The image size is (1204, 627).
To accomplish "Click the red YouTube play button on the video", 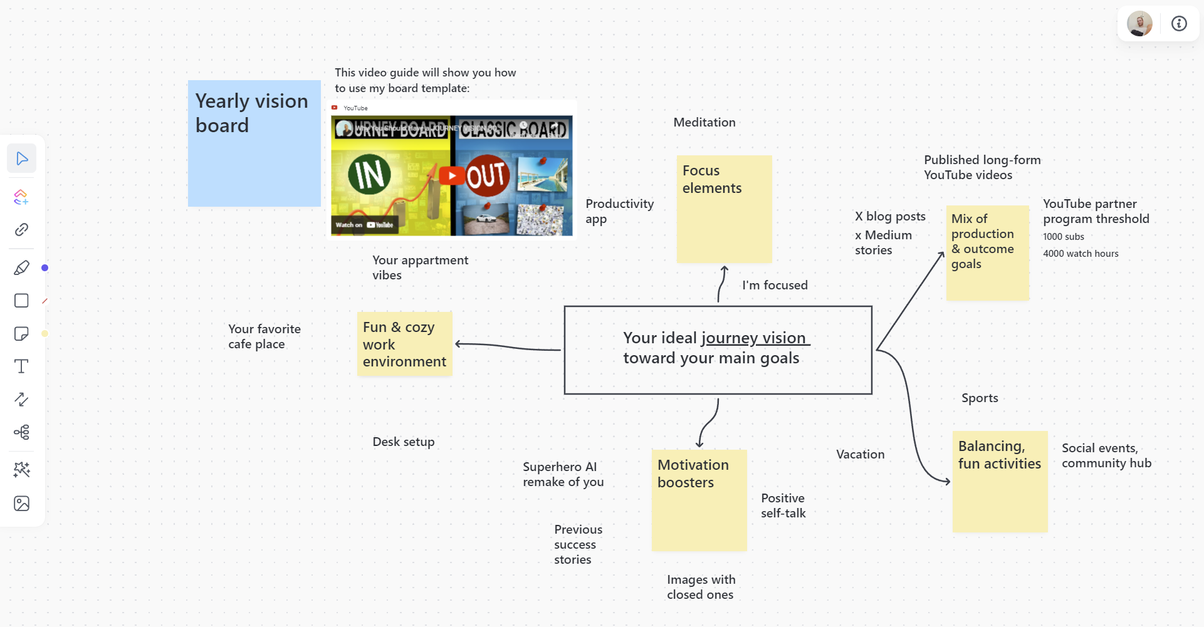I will point(451,175).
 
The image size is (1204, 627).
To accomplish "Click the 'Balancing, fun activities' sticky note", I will point(1000,495).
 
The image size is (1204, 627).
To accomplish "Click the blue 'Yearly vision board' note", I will point(254,163).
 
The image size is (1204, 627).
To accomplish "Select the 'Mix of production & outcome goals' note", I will point(987,263).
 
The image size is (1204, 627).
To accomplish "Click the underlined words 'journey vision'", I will point(754,338).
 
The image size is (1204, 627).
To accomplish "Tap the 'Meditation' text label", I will point(704,123).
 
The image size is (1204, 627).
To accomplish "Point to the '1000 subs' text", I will point(1064,237).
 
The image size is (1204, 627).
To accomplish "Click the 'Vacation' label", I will point(860,455).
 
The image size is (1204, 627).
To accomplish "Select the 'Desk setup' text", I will point(403,442).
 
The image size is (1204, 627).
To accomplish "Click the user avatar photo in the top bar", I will point(1139,24).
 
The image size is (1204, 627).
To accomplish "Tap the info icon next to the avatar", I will point(1179,24).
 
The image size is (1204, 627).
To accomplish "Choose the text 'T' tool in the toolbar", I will point(21,366).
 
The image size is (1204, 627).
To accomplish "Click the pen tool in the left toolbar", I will point(21,268).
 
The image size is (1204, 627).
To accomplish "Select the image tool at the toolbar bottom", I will point(21,504).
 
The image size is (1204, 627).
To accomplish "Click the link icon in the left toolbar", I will point(21,230).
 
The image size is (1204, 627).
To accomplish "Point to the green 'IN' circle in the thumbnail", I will point(370,174).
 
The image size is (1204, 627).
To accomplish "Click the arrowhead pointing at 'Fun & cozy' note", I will point(459,344).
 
